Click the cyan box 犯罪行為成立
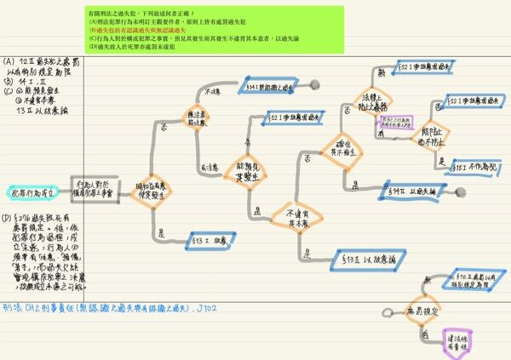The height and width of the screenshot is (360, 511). pyautogui.click(x=32, y=193)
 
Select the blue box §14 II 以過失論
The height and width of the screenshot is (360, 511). pyautogui.click(x=416, y=192)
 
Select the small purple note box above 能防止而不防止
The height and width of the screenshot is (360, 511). pyautogui.click(x=394, y=124)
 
